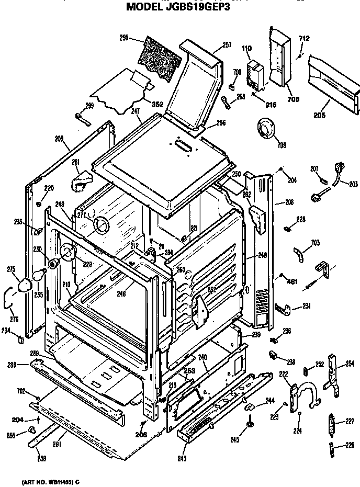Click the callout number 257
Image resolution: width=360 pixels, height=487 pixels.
coord(227,45)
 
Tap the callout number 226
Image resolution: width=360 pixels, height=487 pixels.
coord(349,446)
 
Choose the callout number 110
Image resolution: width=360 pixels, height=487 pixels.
coord(246,49)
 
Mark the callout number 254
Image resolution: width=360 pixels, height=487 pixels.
coord(350,363)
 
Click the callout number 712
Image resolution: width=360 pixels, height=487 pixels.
coord(304,38)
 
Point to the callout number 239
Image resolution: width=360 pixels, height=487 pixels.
coord(256,334)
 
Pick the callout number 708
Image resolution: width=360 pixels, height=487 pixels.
coord(293,99)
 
